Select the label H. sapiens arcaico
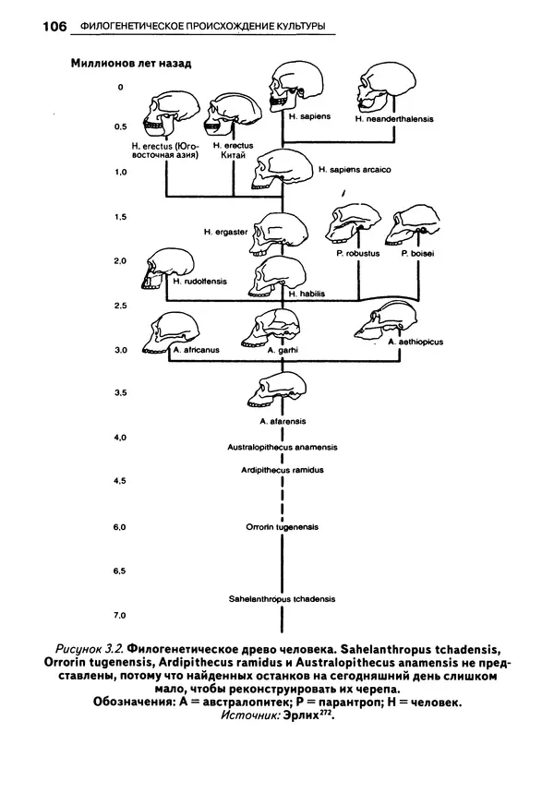pyautogui.click(x=355, y=170)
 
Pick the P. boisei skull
pyautogui.click(x=419, y=227)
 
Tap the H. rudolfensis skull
pyautogui.click(x=169, y=267)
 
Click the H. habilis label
pyautogui.click(x=307, y=294)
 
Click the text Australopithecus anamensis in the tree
pyautogui.click(x=282, y=447)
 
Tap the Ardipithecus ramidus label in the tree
pyautogui.click(x=282, y=469)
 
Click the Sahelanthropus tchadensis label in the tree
pyautogui.click(x=282, y=598)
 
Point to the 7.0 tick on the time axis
pyautogui.click(x=118, y=615)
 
